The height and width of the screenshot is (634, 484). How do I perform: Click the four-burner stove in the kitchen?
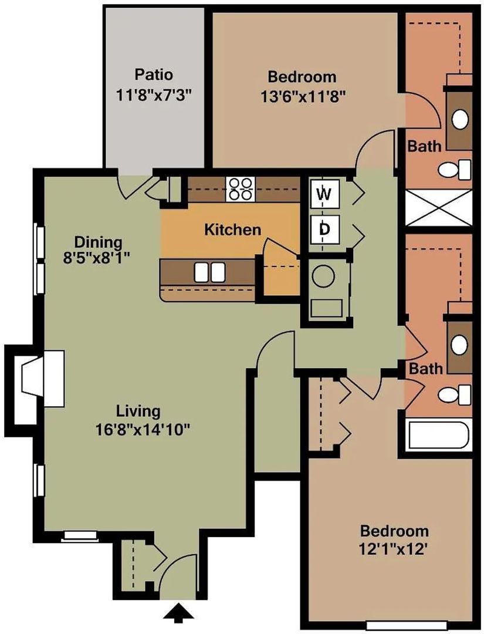pos(241,188)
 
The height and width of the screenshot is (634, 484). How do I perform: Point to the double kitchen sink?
pos(209,272)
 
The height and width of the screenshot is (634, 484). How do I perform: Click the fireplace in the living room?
pos(41,379)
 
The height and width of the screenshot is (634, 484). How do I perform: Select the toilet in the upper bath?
pos(455,170)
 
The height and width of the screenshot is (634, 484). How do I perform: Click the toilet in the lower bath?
pos(455,393)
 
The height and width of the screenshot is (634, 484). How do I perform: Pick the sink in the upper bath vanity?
pos(461,119)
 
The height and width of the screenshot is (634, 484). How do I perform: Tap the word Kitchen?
pos(232,230)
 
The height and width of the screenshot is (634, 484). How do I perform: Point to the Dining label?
pos(98,242)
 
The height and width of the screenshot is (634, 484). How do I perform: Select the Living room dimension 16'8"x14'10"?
pos(145,429)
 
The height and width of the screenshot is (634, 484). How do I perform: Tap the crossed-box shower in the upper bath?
pos(439,207)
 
